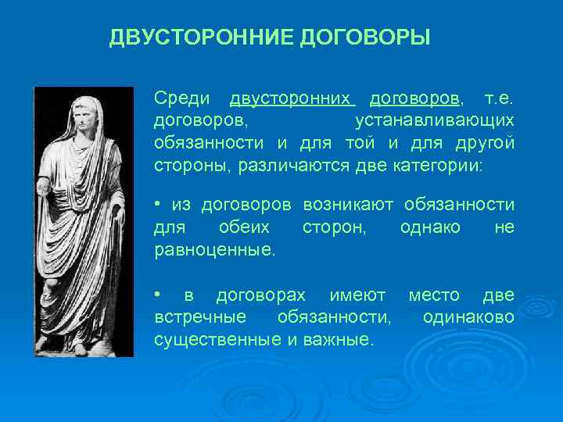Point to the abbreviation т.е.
tap(500, 98)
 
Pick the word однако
tap(429, 227)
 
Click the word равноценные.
tap(215, 250)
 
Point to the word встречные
tap(201, 317)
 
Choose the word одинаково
tap(468, 317)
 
